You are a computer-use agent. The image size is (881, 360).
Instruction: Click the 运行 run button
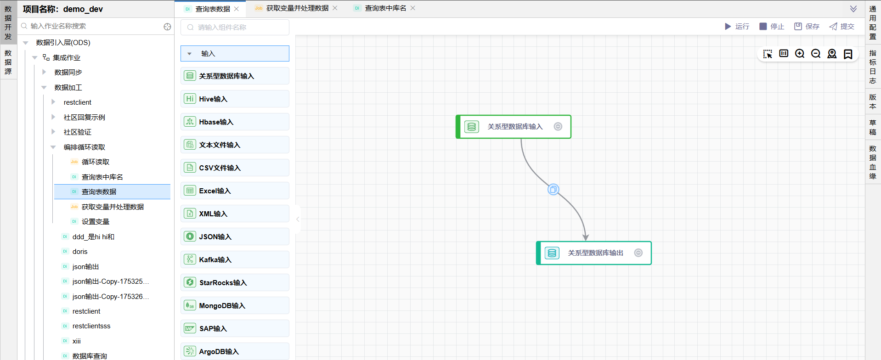[737, 27]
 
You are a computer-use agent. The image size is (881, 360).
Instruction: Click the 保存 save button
[807, 27]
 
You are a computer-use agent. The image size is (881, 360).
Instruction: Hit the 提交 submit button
[841, 27]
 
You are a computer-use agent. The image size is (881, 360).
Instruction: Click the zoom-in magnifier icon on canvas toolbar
[800, 54]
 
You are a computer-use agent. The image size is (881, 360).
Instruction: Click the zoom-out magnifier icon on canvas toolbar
[816, 54]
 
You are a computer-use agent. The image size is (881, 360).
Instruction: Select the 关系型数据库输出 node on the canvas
[595, 253]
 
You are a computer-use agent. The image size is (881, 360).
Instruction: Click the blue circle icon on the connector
[553, 189]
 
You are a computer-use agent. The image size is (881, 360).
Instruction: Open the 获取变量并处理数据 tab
[297, 8]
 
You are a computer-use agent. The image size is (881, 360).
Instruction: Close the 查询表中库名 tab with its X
[413, 8]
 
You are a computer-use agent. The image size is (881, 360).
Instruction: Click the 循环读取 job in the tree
[95, 162]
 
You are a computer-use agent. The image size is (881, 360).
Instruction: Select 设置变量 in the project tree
[95, 222]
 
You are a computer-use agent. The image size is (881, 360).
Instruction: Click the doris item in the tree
[80, 252]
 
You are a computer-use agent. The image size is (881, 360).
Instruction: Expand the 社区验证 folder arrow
[53, 132]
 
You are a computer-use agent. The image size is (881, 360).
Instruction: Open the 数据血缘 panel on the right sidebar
[873, 162]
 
